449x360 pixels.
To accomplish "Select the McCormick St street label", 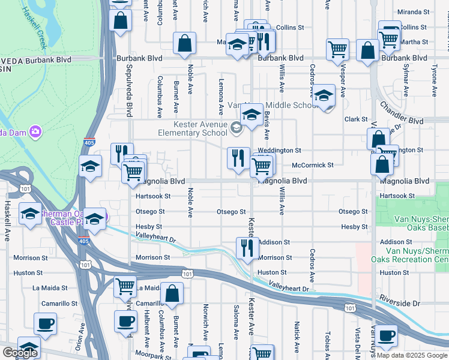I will [312, 165].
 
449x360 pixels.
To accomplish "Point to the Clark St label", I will [356, 119].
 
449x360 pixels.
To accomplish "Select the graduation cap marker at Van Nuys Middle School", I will [252, 114].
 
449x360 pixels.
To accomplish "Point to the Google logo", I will [20, 353].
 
